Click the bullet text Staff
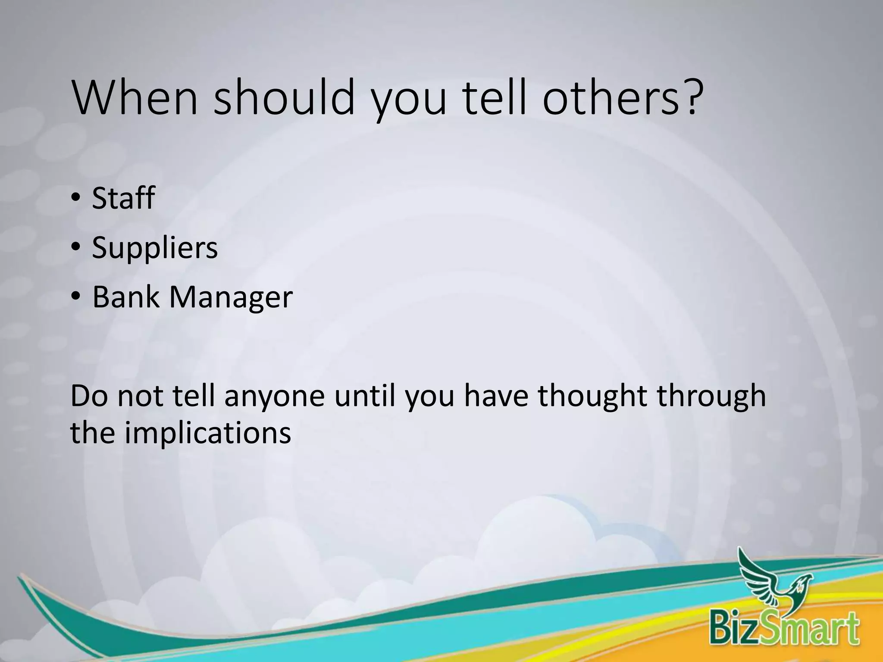tap(123, 198)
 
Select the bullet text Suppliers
tap(155, 248)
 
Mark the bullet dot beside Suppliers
tap(76, 249)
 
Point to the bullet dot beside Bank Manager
tap(76, 298)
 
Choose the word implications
tap(208, 434)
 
